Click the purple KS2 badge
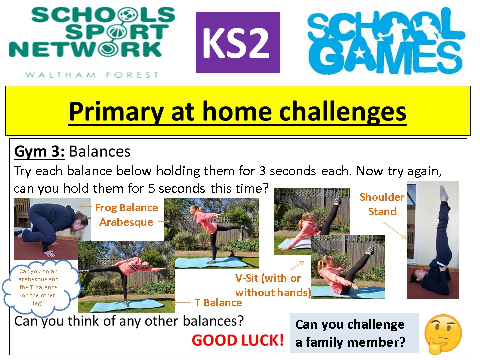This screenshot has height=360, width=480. click(x=238, y=42)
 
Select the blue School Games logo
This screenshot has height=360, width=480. click(x=386, y=41)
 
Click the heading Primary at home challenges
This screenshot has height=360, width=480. click(x=238, y=111)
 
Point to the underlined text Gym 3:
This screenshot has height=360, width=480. click(x=39, y=152)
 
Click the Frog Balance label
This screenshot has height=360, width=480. click(x=126, y=208)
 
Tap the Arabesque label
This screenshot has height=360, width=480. click(x=126, y=222)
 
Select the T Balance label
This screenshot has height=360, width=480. click(x=218, y=303)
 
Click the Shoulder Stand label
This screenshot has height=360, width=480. click(x=382, y=204)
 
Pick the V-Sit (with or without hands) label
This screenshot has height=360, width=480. click(x=273, y=285)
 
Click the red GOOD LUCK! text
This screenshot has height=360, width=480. click(x=238, y=340)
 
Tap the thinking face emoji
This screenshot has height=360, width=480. click(x=443, y=334)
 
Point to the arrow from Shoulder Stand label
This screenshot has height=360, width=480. click(x=395, y=230)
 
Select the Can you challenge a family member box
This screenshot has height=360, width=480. click(x=354, y=333)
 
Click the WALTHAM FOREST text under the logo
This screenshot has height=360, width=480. click(x=92, y=75)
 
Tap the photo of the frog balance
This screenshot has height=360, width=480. click(x=52, y=228)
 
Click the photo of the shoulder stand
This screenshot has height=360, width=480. click(x=433, y=240)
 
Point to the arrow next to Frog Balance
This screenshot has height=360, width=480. click(x=85, y=207)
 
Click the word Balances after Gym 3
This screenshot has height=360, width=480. click(x=100, y=152)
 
